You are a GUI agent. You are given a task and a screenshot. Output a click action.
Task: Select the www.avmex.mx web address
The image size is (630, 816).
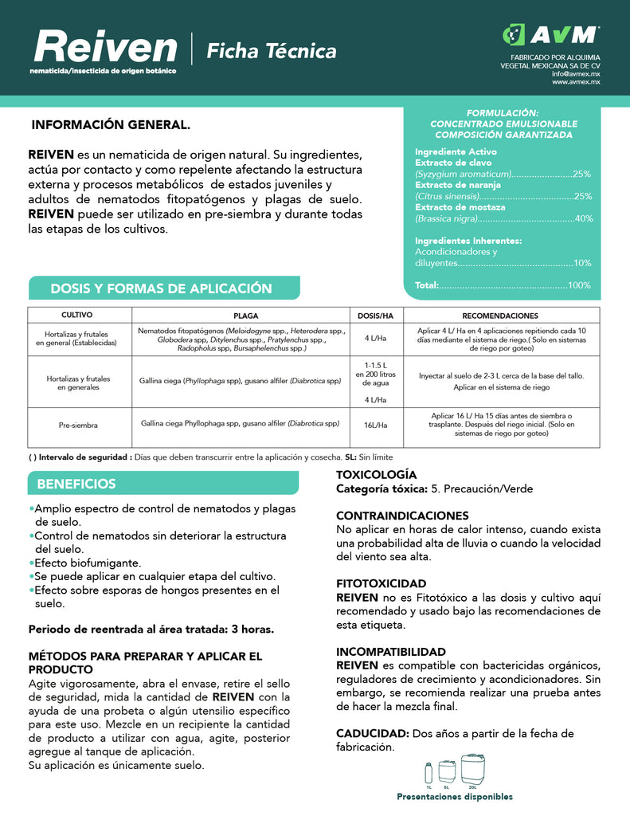(576, 81)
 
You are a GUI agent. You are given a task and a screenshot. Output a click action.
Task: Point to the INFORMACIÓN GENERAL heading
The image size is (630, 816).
(111, 126)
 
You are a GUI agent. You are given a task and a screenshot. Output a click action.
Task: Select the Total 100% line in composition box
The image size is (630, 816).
(503, 284)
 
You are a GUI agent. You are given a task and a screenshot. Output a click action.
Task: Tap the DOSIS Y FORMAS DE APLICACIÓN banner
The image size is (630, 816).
(162, 288)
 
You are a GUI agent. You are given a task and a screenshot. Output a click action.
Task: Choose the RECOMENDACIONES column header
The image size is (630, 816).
(499, 316)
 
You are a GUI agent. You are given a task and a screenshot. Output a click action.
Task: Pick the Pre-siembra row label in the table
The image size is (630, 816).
(78, 426)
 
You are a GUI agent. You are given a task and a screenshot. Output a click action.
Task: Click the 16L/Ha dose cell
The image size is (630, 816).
(375, 426)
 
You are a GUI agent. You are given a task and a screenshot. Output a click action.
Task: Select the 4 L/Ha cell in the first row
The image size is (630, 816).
(375, 338)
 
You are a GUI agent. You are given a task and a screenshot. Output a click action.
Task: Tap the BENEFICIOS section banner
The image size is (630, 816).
(76, 484)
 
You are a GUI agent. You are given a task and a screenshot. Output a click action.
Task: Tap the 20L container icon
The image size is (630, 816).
(472, 770)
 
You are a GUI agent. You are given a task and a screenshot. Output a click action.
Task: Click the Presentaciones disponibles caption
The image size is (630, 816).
(455, 796)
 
